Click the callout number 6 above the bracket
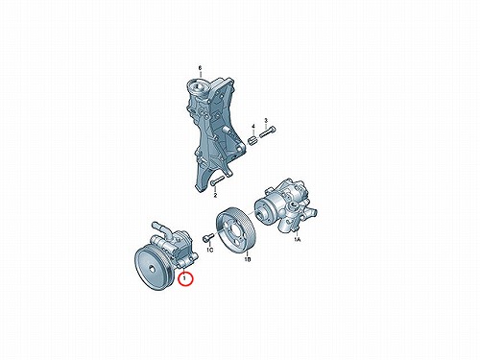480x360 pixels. click(201, 68)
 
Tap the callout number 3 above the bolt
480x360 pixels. click(266, 120)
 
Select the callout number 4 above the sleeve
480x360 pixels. click(252, 126)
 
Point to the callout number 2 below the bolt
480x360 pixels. click(215, 195)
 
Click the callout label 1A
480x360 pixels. click(298, 239)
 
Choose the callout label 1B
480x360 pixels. click(248, 259)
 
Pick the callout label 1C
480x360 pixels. click(209, 250)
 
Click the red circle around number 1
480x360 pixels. click(185, 278)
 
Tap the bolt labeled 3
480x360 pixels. click(268, 132)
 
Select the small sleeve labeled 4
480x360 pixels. click(253, 140)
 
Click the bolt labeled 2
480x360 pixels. click(217, 180)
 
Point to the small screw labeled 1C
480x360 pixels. click(208, 237)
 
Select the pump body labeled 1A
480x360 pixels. click(286, 206)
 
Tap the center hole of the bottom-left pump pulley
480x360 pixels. click(153, 269)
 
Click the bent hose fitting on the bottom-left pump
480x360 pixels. click(163, 229)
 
